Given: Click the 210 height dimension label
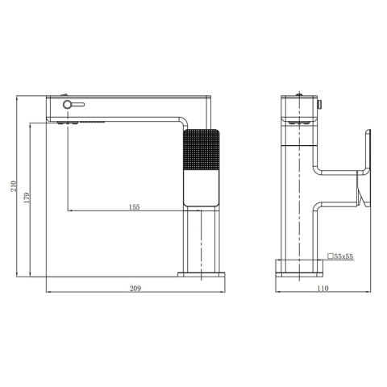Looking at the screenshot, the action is point(14,186).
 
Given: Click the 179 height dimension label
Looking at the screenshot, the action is point(27,198).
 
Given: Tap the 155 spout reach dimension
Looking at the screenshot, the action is point(135,207).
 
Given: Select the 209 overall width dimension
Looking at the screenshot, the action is point(135,289).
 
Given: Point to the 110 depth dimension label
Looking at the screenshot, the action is point(322,289).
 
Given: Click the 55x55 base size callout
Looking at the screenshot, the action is point(343,256).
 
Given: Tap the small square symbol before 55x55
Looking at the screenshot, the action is point(331,256).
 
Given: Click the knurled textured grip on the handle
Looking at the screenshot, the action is point(201,150).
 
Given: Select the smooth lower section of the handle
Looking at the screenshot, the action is point(201,188).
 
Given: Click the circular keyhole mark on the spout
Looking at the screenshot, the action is point(68,104).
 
